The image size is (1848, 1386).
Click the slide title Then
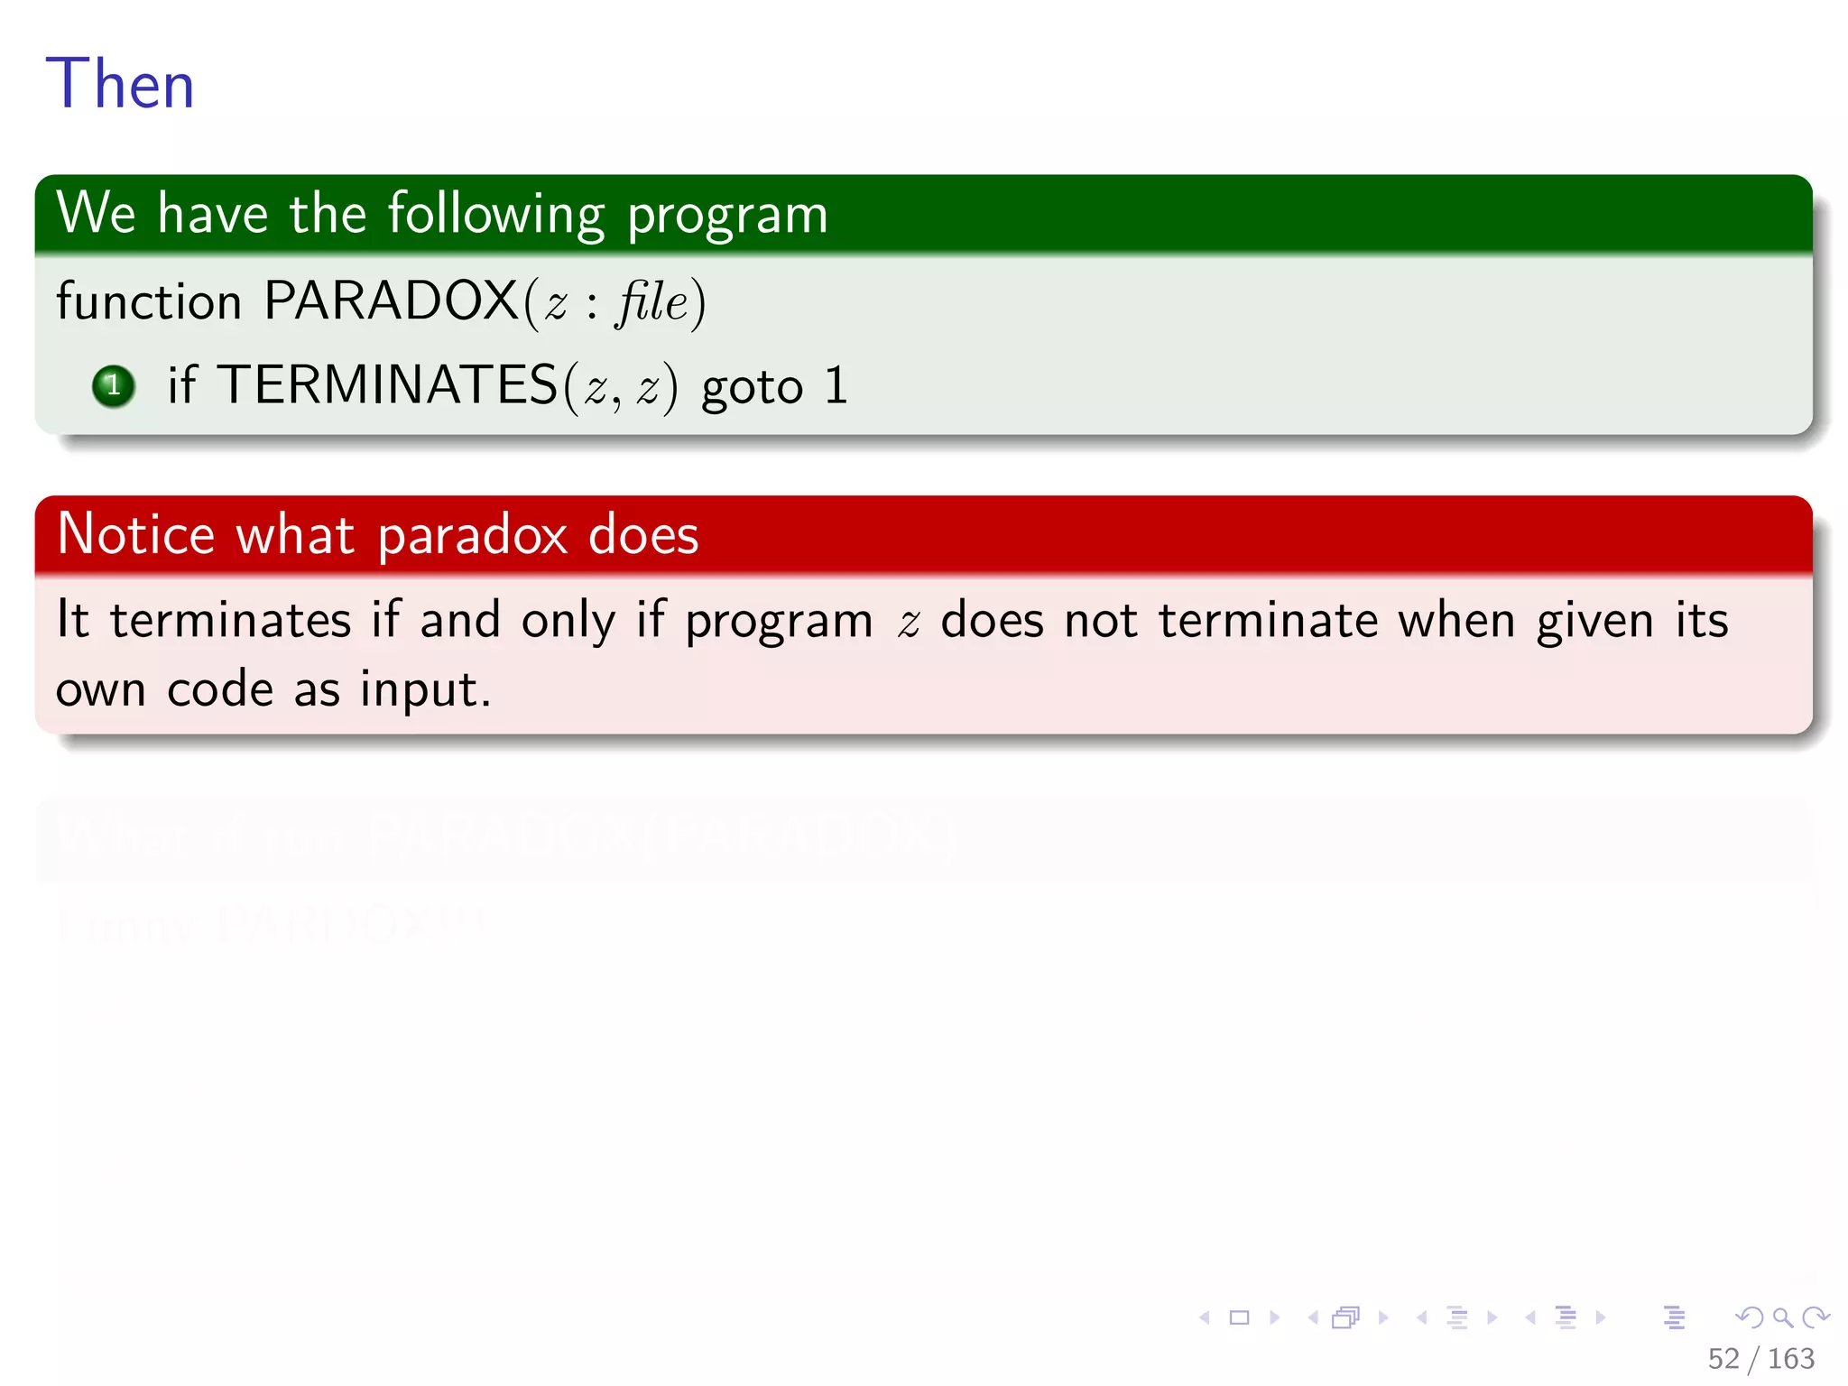[x=120, y=84]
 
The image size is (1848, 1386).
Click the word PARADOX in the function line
[x=391, y=300]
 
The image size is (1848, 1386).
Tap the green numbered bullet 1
[x=114, y=386]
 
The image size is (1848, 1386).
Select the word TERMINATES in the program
[x=387, y=385]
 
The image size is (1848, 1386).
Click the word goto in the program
[x=752, y=388]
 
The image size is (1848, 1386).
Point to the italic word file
[x=652, y=301]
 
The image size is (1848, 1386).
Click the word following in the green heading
[x=496, y=215]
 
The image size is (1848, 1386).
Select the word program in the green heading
[x=727, y=217]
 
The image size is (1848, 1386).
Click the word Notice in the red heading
[x=135, y=534]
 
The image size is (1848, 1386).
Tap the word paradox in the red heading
[x=472, y=536]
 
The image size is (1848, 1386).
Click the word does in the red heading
[x=642, y=534]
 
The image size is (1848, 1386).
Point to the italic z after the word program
[x=909, y=623]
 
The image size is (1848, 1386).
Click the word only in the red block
[x=568, y=621]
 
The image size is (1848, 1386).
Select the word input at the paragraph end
[x=424, y=690]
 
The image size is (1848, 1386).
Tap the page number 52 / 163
[x=1760, y=1358]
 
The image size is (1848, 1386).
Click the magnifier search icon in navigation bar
[x=1782, y=1317]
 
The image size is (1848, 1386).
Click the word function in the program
[x=149, y=300]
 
